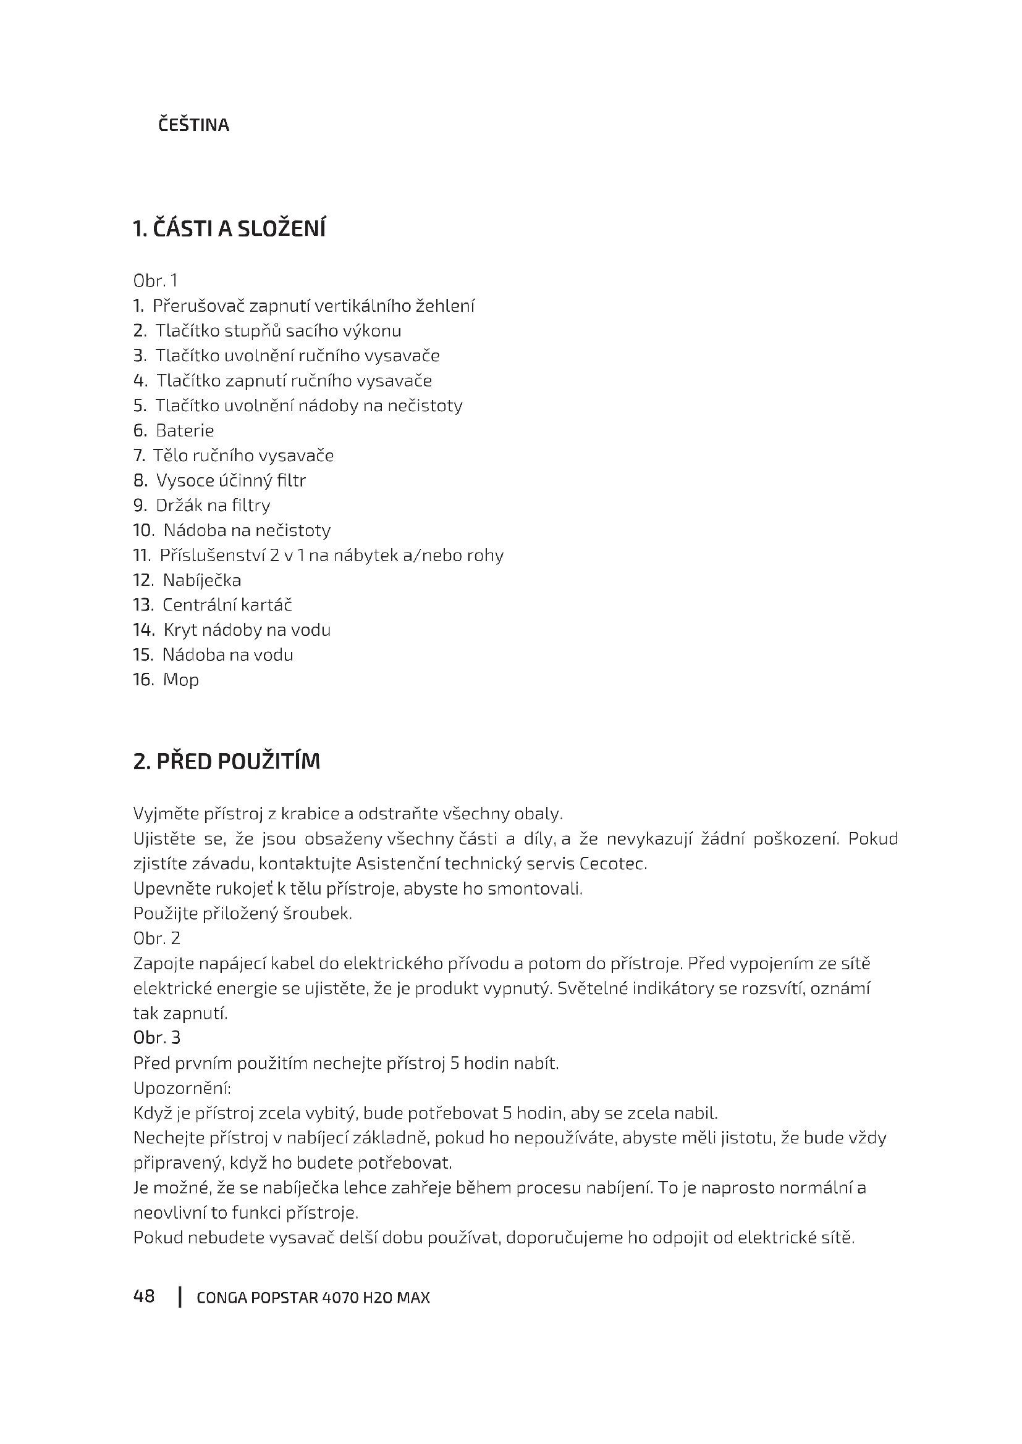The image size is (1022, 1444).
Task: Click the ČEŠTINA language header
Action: tap(193, 125)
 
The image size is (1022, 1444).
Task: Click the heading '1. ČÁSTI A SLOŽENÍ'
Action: tap(229, 229)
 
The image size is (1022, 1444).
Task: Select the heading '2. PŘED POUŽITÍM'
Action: tap(227, 762)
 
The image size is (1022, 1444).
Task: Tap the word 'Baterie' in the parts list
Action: tap(184, 431)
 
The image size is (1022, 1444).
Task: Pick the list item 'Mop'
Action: tap(180, 680)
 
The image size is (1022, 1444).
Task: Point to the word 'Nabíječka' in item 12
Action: tap(201, 580)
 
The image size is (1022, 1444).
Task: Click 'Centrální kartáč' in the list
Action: tap(227, 605)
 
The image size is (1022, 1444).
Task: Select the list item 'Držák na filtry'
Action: tap(213, 506)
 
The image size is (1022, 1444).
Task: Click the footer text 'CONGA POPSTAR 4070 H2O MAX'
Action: tap(313, 1298)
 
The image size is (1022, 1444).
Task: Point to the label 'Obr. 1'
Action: tap(156, 280)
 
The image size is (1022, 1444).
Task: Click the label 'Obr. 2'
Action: tap(157, 938)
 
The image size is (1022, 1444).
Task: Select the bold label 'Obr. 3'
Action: tap(157, 1038)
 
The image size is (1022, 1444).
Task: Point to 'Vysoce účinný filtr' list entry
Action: tap(230, 481)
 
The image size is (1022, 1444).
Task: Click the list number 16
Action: tap(143, 680)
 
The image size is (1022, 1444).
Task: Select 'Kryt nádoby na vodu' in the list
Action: tap(247, 630)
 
